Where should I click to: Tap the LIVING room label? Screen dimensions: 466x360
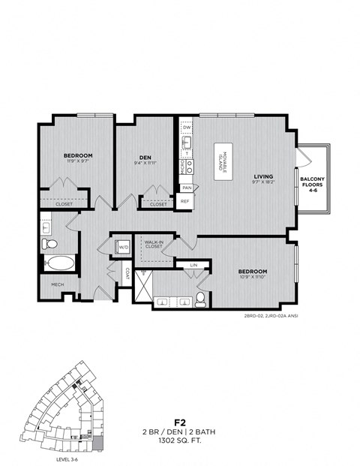point(264,176)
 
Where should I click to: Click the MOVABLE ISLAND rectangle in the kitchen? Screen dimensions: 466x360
point(226,159)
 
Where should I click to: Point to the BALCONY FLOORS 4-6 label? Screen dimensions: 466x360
point(312,184)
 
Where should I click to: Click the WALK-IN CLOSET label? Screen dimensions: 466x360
point(155,245)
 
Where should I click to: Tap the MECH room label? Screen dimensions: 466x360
point(57,285)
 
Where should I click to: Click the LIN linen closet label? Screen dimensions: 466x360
point(194,265)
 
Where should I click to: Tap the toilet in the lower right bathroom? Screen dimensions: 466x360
point(200,300)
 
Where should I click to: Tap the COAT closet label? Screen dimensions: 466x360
point(127,274)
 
